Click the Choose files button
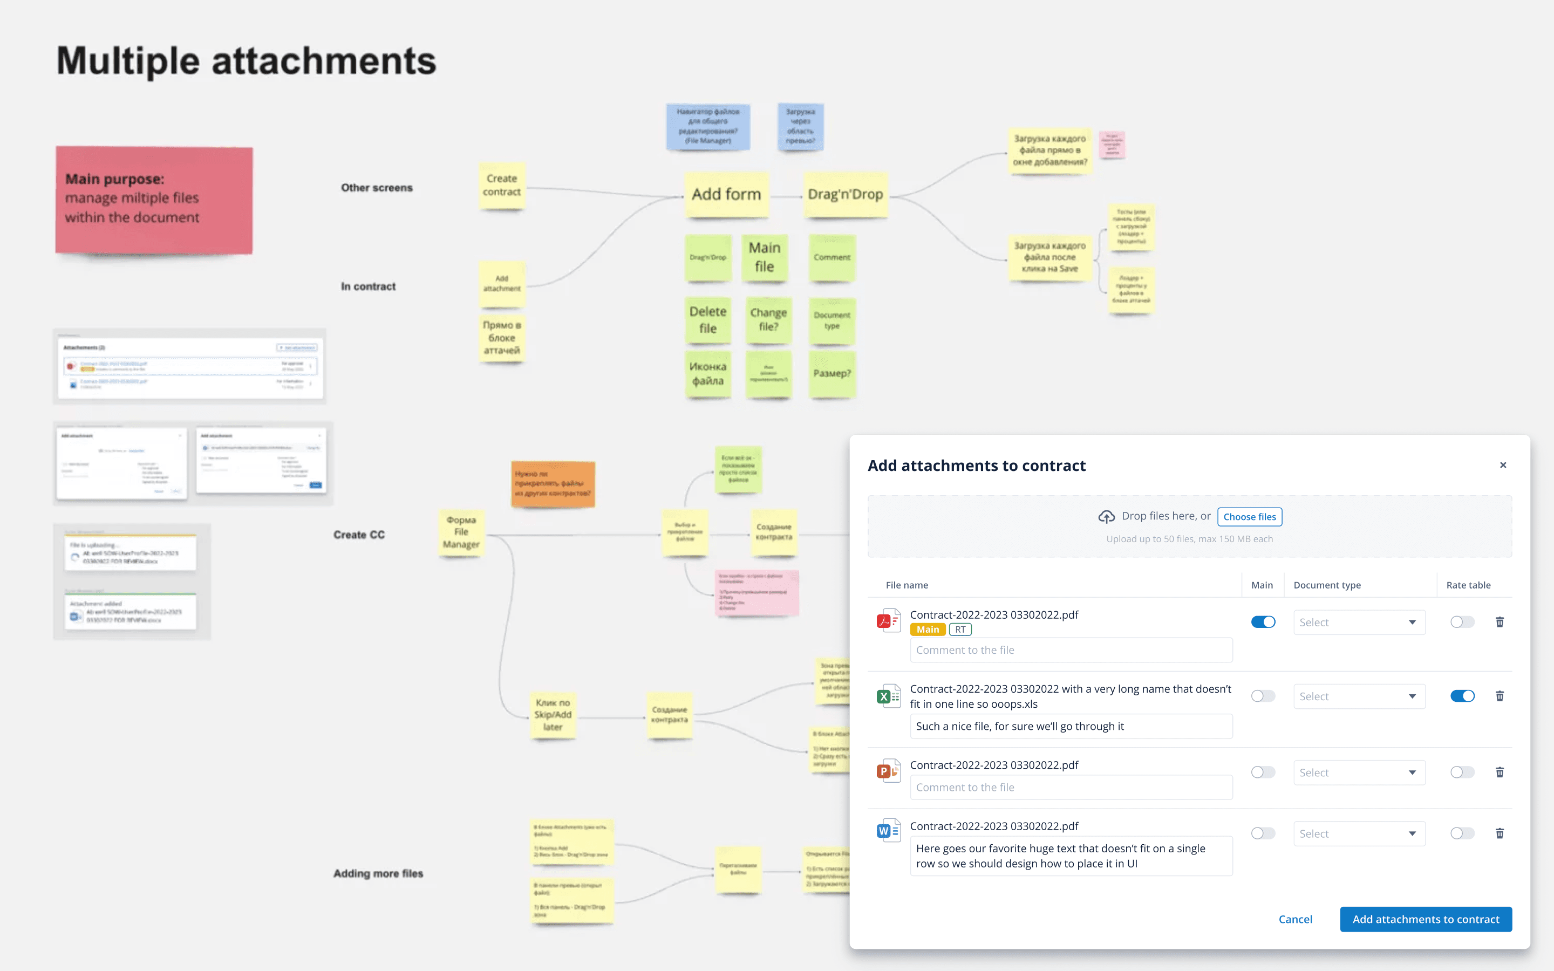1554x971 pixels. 1249,517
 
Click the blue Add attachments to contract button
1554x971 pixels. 1426,919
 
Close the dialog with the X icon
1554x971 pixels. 1503,465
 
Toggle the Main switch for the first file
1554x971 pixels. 1263,621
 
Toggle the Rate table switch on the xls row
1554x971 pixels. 1462,696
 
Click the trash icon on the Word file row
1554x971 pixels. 1500,833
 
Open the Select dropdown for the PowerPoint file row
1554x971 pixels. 1359,772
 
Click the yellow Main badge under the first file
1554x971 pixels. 927,630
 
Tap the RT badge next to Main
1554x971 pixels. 960,630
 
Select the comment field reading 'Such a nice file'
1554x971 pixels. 1071,726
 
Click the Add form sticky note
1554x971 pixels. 726,195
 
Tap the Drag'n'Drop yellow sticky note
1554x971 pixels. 845,195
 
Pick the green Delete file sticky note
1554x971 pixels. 707,320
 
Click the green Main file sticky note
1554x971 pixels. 764,257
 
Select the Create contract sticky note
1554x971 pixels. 501,186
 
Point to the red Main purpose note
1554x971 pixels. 154,200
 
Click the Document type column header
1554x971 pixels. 1327,585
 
